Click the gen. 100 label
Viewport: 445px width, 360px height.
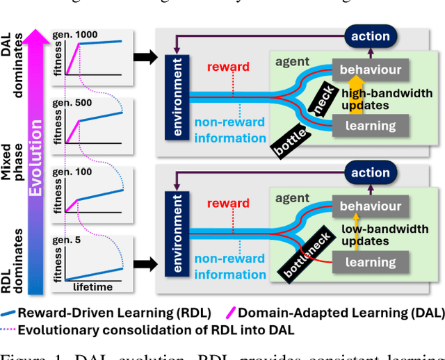coord(74,172)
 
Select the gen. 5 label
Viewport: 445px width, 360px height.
coord(69,240)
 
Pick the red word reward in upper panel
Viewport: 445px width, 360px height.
coord(228,67)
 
